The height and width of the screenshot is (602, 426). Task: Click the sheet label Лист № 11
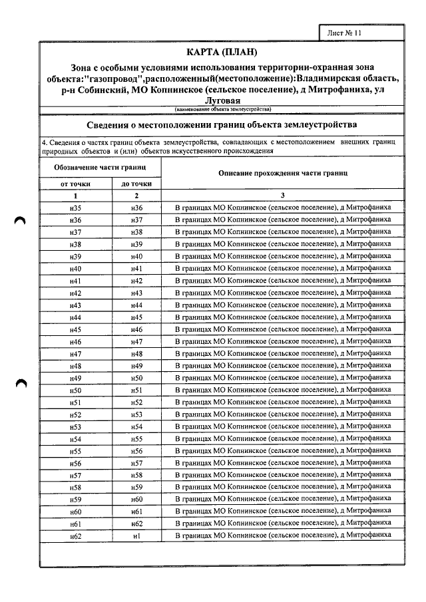345,32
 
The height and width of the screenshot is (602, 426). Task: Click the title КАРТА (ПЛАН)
223,53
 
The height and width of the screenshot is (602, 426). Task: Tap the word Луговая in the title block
223,100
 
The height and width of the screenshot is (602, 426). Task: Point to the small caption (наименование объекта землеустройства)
223,109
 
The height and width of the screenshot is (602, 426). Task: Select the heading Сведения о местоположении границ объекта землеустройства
223,124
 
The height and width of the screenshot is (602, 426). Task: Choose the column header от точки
75,184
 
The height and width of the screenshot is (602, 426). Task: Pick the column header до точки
136,184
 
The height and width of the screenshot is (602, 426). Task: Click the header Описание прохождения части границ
283,173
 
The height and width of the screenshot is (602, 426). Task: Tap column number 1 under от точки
75,196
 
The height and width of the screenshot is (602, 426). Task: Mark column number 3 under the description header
283,196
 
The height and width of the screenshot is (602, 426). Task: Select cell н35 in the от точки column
75,208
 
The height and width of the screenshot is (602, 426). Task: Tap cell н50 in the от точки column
75,390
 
